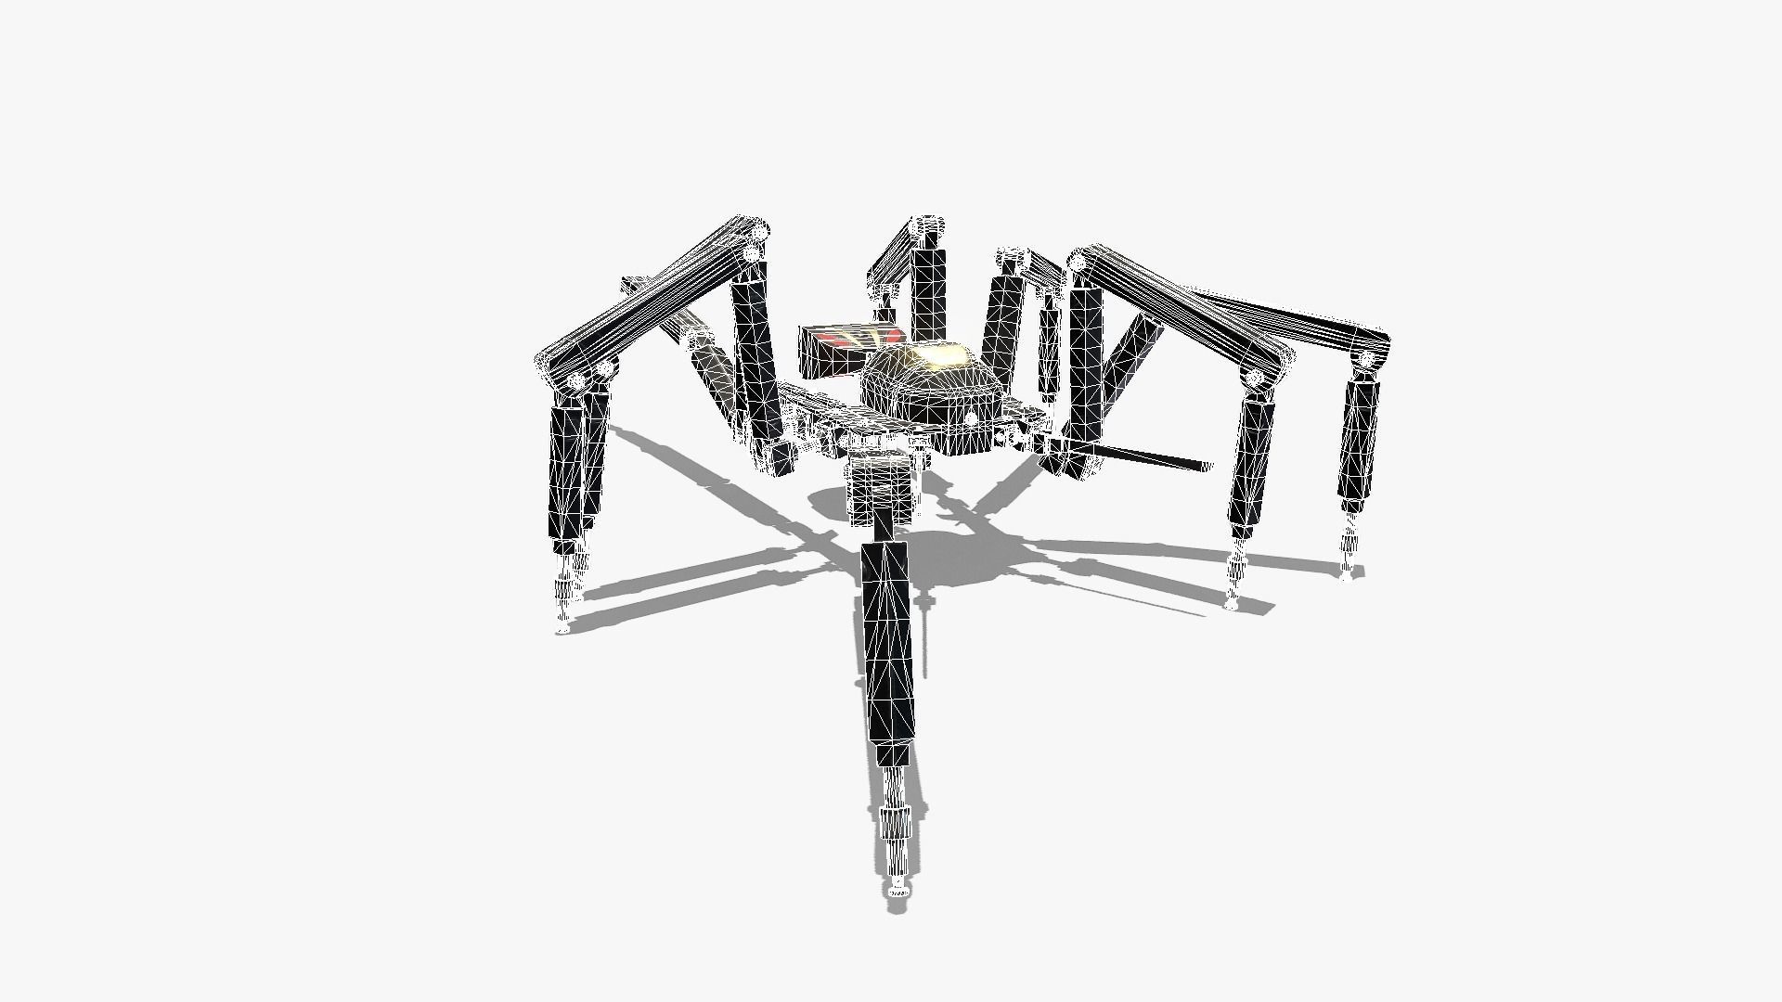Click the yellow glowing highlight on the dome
click(945, 354)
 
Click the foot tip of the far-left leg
click(562, 627)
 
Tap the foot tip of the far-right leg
click(1348, 572)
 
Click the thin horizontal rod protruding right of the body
click(1151, 457)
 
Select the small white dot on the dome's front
click(971, 419)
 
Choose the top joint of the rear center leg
click(928, 228)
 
